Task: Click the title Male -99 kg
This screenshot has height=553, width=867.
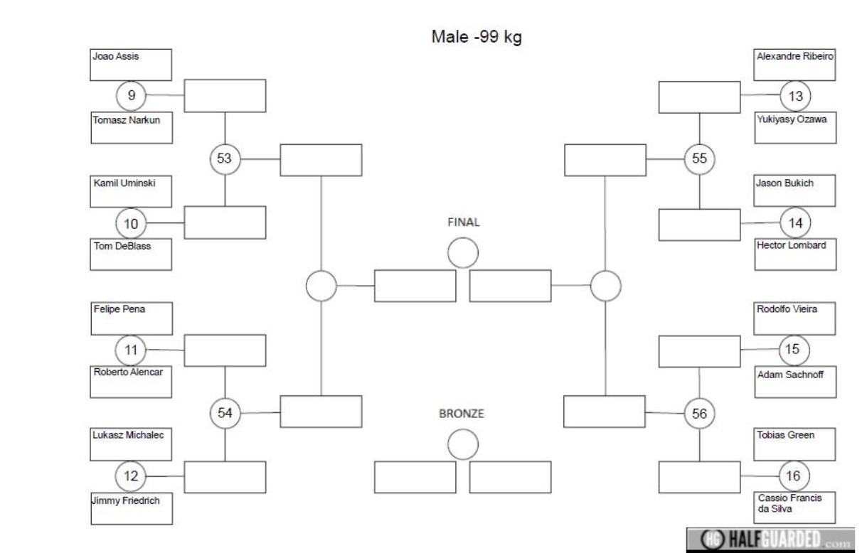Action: [477, 38]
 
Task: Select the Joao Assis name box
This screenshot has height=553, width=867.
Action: [131, 65]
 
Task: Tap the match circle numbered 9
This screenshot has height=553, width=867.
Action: [131, 95]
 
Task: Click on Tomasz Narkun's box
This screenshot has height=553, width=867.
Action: [132, 128]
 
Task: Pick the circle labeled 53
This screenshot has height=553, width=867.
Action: [225, 159]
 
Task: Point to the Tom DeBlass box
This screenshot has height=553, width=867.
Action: [131, 254]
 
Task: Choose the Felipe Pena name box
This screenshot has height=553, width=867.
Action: [132, 318]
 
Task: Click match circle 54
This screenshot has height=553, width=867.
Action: [225, 413]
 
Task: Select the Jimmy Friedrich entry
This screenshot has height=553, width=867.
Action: [132, 508]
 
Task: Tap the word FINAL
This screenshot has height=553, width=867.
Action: [463, 222]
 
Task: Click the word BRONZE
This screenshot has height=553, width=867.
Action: [462, 414]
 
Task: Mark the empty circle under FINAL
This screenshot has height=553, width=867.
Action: [463, 253]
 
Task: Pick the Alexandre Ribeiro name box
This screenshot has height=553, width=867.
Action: [794, 65]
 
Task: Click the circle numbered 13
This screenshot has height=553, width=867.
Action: [795, 96]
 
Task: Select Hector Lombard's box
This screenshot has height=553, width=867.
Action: [795, 254]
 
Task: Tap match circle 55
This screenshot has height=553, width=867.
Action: [699, 159]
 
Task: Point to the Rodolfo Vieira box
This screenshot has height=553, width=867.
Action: [794, 318]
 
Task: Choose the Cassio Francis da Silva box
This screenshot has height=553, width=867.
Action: [794, 508]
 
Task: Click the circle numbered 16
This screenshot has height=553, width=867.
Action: [794, 476]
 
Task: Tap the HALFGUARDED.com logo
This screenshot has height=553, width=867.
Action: [770, 539]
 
